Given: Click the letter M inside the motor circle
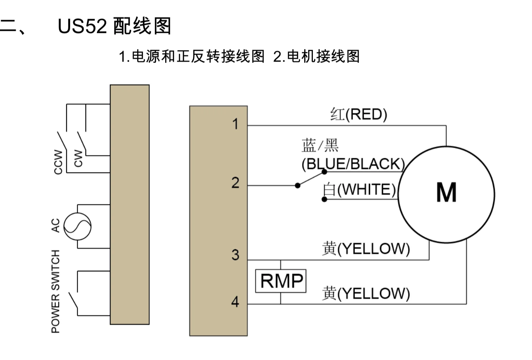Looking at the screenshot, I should point(446,193).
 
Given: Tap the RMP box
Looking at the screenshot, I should point(281,281).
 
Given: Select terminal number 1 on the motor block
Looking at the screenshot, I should point(235,124).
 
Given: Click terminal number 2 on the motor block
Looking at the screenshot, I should point(235,183).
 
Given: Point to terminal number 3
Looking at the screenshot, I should point(235,255).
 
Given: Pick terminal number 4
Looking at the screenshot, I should point(235,302).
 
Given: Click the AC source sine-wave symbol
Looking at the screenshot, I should point(77,227).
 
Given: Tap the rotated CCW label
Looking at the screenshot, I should point(58,162).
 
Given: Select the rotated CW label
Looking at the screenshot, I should point(78,158).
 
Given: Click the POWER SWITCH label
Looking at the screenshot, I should point(55,291).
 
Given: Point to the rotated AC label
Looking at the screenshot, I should point(55,225).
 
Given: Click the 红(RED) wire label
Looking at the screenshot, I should point(358,115).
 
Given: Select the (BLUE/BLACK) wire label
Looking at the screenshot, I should point(353,164).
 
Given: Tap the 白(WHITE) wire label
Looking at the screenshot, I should point(359,189).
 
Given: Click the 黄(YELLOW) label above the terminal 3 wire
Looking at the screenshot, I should point(366,248).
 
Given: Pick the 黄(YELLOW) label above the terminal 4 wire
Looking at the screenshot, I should point(366,293).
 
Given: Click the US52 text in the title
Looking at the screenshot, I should point(82,26).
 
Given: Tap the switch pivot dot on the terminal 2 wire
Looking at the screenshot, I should point(297,185).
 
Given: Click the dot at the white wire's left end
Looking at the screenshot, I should point(324,199).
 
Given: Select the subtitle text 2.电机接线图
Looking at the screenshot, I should point(316,57).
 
